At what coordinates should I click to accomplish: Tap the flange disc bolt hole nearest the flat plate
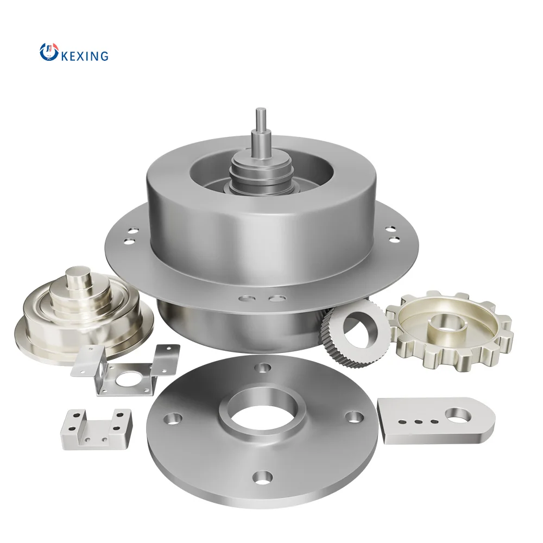click(354, 416)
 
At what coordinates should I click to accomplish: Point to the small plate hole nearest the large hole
click(433, 420)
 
